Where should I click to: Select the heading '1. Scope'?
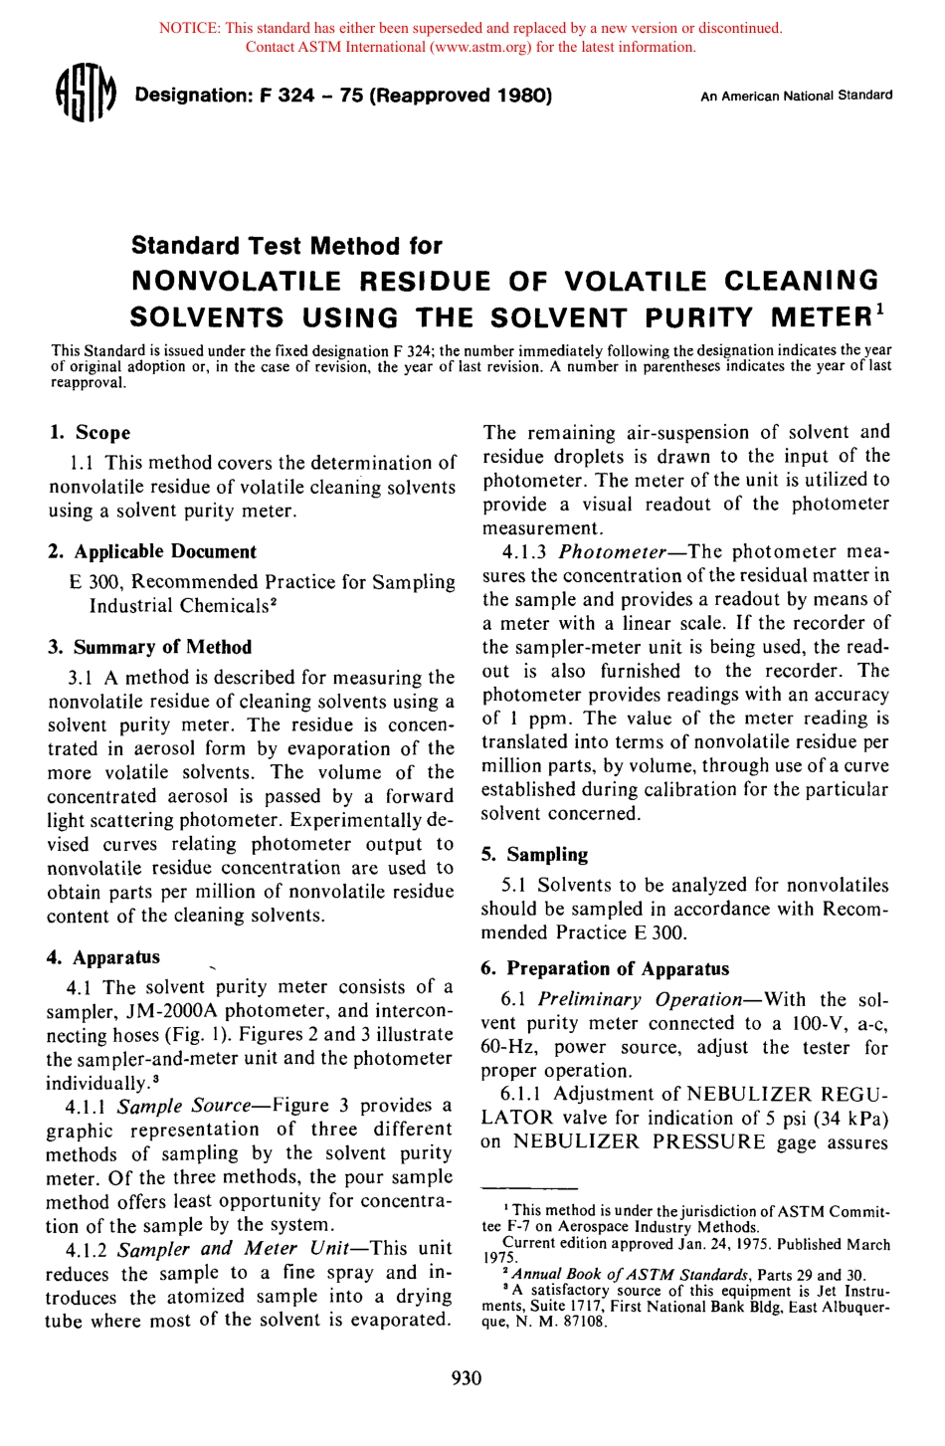(x=91, y=433)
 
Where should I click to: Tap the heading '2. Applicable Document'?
(x=152, y=551)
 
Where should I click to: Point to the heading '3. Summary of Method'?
(x=149, y=647)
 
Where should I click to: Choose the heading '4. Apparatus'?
(x=103, y=957)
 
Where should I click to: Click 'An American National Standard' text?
(x=796, y=97)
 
